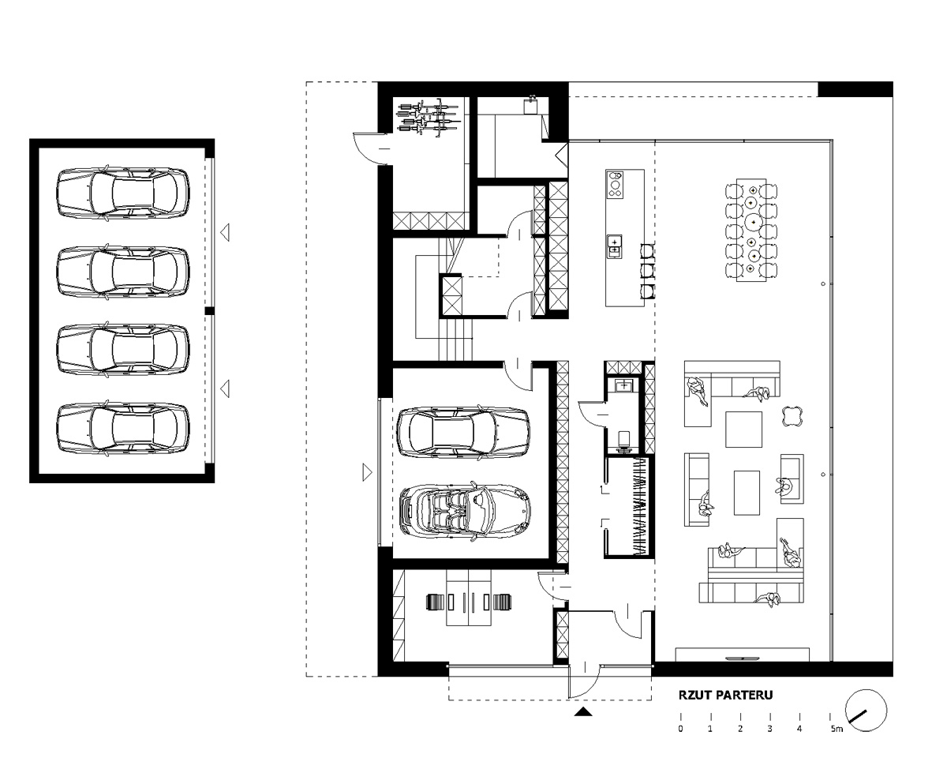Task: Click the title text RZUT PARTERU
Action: point(726,695)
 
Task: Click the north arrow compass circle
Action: point(866,711)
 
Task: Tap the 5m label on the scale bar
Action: point(837,729)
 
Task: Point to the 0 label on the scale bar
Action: point(681,729)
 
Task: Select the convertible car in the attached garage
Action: point(465,511)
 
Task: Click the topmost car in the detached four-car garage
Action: point(123,193)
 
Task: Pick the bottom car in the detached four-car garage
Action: point(123,428)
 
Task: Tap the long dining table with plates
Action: point(751,230)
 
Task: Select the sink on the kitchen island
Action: point(614,246)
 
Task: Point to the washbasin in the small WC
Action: point(623,385)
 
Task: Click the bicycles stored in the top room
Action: point(428,117)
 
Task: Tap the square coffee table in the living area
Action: point(743,429)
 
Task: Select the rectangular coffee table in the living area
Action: point(747,493)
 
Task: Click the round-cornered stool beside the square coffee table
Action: point(792,416)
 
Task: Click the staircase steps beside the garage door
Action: point(455,340)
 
